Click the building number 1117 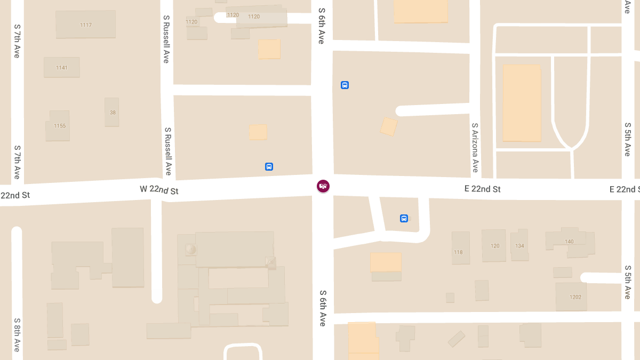point(85,25)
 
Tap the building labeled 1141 point(62,68)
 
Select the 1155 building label point(60,126)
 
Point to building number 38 point(113,113)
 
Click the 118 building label point(458,252)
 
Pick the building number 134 point(520,246)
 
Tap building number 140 point(569,242)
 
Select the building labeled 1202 point(575,297)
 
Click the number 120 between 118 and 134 point(495,246)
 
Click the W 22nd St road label point(159,190)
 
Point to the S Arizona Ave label point(475,148)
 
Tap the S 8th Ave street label point(17,334)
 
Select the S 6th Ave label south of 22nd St point(323,308)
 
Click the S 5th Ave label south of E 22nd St point(628,282)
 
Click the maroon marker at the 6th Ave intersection point(323,186)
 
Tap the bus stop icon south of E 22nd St point(404,218)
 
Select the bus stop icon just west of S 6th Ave point(269,166)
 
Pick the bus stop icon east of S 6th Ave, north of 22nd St point(345,85)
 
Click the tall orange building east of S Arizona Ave point(522,103)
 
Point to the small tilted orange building point(389,126)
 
